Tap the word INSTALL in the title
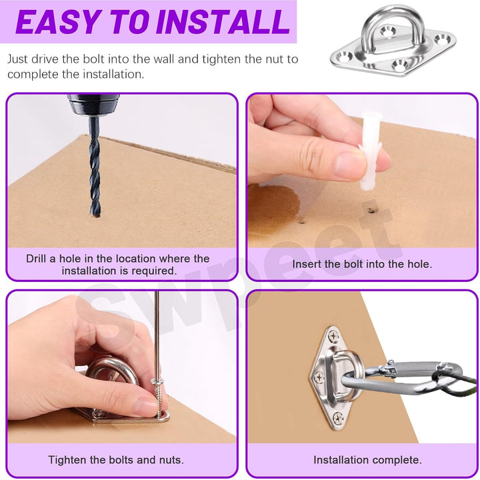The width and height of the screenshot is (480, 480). (223, 22)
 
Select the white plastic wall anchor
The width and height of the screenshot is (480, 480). (370, 151)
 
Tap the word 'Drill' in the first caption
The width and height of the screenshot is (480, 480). (36, 259)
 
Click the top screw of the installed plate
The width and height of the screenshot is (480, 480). (333, 337)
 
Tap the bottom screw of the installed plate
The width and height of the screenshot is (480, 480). (337, 418)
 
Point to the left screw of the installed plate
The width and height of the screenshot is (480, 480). (319, 377)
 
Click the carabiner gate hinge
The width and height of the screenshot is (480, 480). (389, 368)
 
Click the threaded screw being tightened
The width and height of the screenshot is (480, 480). (158, 398)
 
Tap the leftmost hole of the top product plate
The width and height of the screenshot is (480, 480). (345, 57)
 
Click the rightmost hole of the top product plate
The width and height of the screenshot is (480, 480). (443, 39)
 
